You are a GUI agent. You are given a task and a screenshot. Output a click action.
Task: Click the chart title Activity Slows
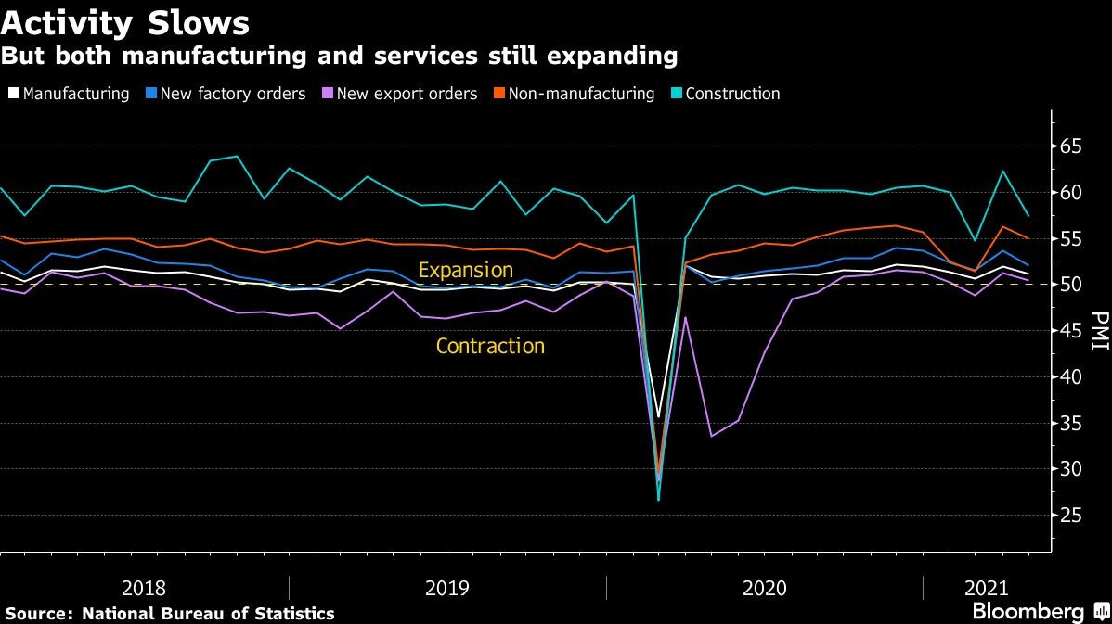pyautogui.click(x=125, y=20)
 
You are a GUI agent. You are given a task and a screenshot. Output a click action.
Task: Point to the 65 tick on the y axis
pyautogui.click(x=1071, y=146)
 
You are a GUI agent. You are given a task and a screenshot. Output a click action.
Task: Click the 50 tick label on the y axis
pyautogui.click(x=1071, y=285)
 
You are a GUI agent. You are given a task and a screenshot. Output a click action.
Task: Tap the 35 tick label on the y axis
pyautogui.click(x=1071, y=423)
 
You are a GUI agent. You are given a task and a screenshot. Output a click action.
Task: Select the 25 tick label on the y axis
pyautogui.click(x=1071, y=515)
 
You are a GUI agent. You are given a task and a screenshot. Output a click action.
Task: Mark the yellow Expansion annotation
pyautogui.click(x=465, y=271)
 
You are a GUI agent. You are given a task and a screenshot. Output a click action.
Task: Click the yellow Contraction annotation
pyautogui.click(x=490, y=347)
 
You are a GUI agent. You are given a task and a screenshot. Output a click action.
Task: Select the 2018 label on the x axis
pyautogui.click(x=144, y=588)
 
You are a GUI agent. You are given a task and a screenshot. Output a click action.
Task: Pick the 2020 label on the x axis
pyautogui.click(x=765, y=588)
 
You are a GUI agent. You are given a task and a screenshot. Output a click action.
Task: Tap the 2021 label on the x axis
pyautogui.click(x=986, y=588)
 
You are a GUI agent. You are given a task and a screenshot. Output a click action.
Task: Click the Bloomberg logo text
pyautogui.click(x=1028, y=612)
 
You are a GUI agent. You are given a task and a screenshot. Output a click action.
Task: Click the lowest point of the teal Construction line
pyautogui.click(x=659, y=500)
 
